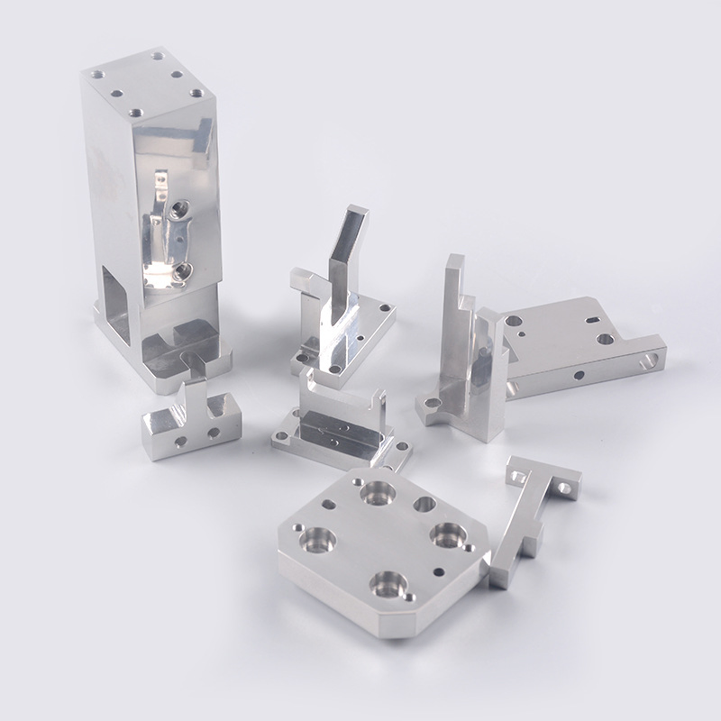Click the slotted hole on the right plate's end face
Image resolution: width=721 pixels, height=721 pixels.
coord(650,361)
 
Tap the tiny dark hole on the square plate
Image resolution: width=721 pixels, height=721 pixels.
coord(438,570)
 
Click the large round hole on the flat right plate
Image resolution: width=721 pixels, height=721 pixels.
coord(605,339)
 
